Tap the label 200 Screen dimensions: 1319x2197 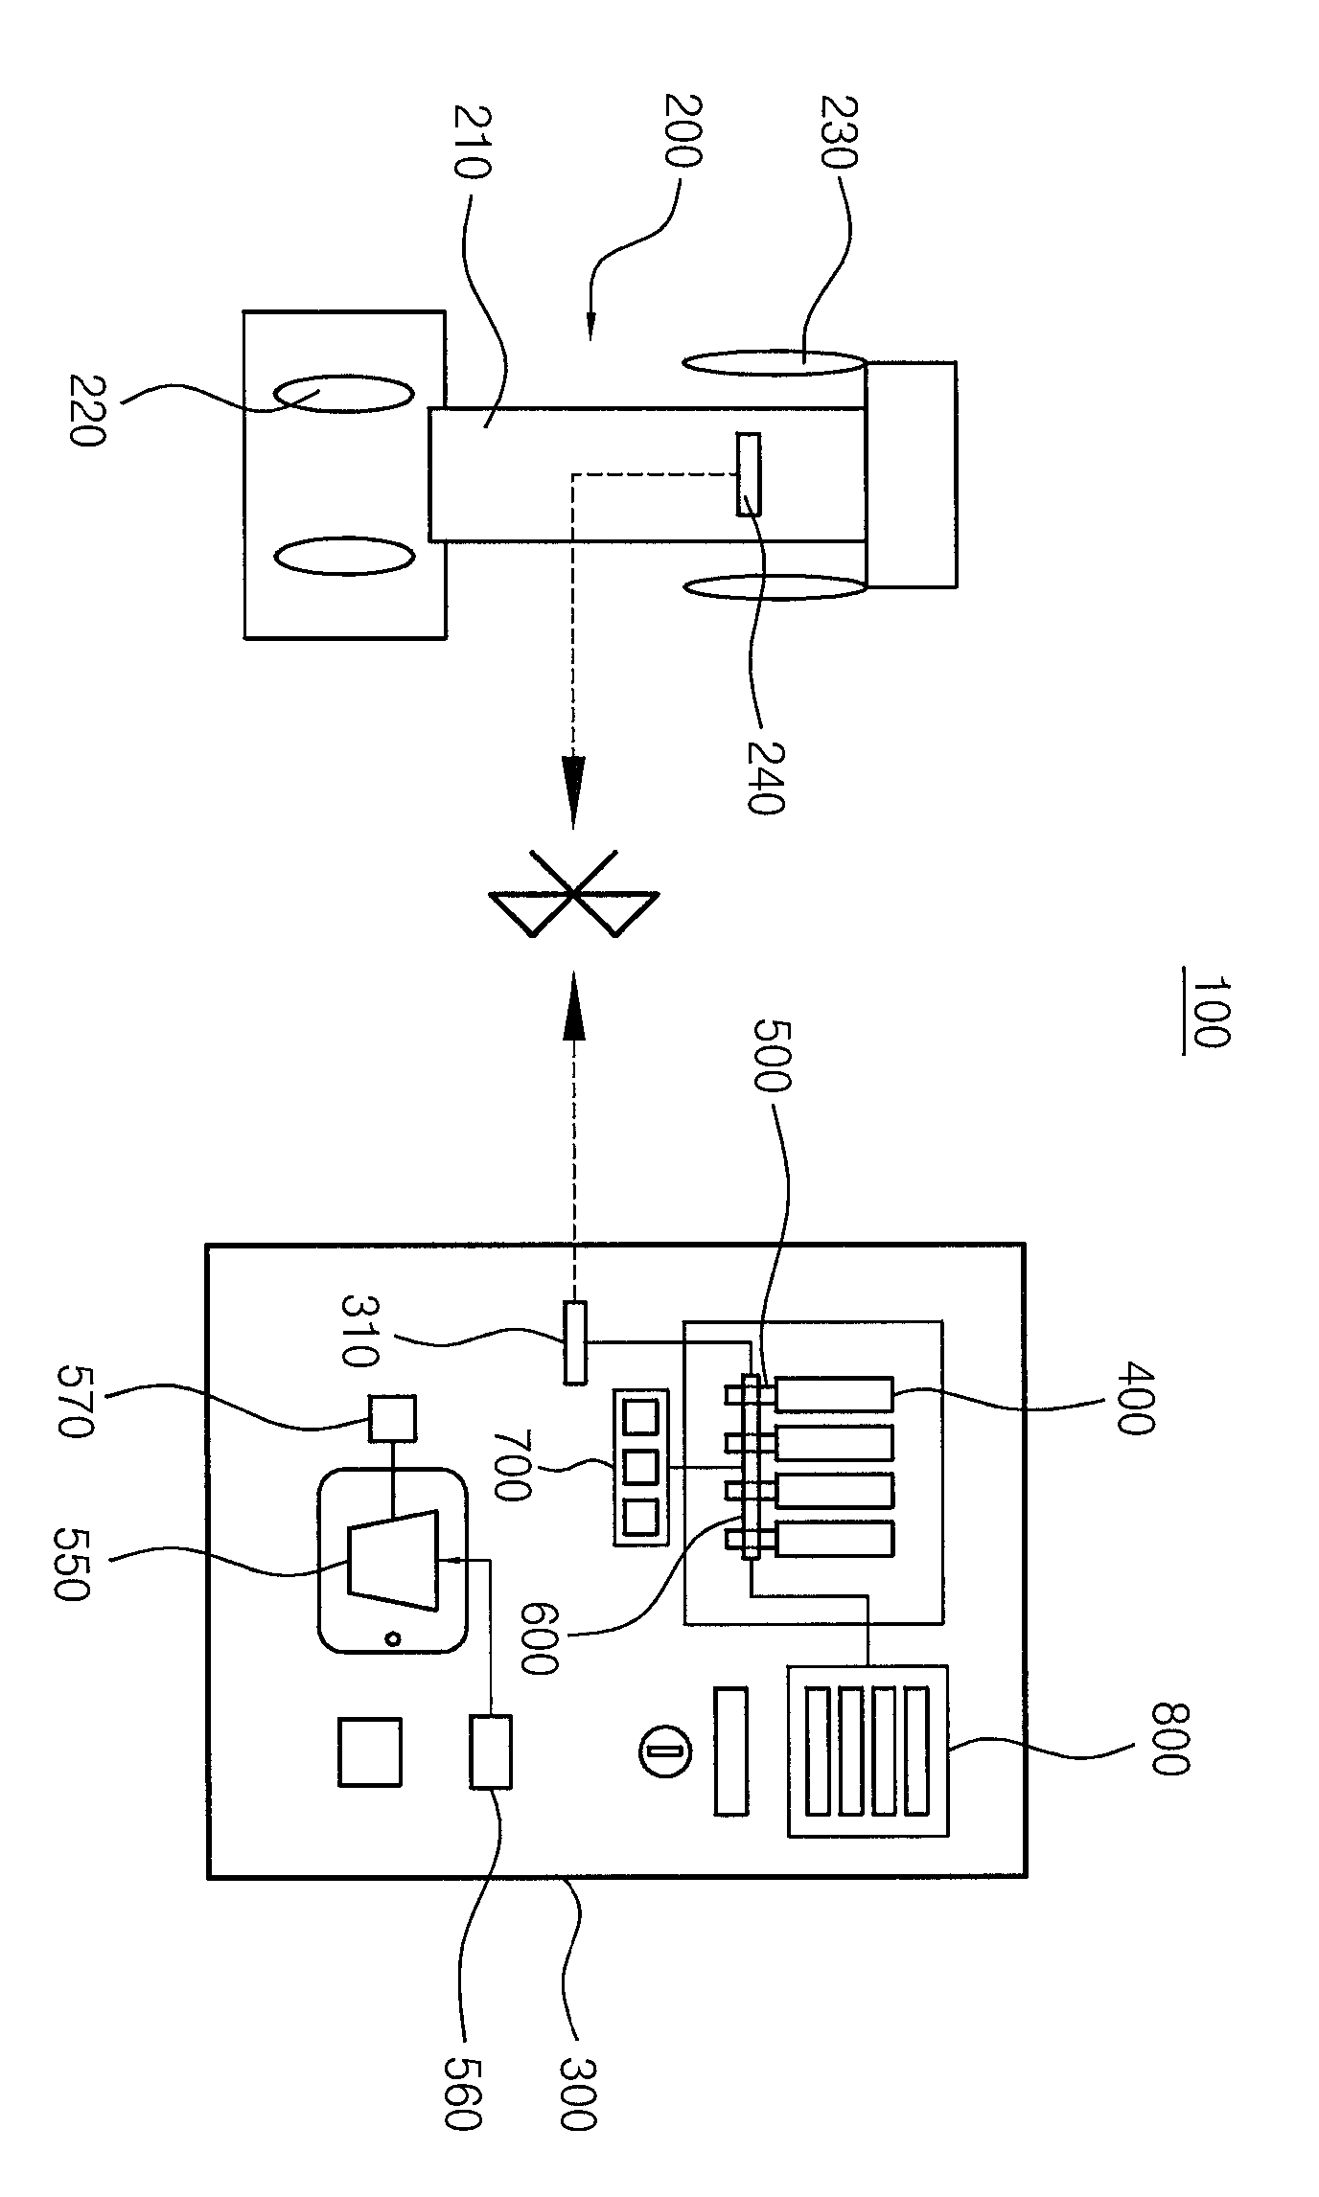point(683,130)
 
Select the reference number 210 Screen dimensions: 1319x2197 point(473,143)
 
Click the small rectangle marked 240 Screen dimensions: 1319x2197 point(749,474)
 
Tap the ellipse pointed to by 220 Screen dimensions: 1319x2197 point(344,393)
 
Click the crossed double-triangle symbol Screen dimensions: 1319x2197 point(572,894)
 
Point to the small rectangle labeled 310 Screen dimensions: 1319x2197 point(575,1341)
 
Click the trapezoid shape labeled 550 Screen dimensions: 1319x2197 point(393,1554)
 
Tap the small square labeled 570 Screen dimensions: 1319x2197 point(393,1419)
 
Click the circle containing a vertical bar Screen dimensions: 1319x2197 point(663,1751)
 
